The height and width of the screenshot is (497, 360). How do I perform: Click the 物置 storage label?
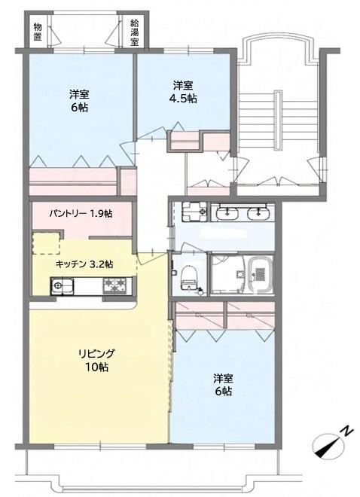[x=38, y=32]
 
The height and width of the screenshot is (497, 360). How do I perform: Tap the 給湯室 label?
[x=135, y=32]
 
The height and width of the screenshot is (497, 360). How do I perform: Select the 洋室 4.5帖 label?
[x=183, y=92]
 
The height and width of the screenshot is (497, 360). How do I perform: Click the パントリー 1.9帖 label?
[x=81, y=213]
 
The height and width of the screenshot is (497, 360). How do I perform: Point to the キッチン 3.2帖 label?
[x=84, y=264]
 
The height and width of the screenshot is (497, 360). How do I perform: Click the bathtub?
[x=260, y=273]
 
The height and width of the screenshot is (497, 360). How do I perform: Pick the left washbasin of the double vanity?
[x=227, y=212]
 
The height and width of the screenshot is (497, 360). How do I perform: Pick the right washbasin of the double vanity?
[x=258, y=212]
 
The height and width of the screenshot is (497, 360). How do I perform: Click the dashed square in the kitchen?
[x=46, y=243]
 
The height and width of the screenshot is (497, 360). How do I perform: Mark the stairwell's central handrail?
[x=278, y=120]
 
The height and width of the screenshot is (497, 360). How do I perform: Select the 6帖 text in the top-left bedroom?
[x=79, y=108]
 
